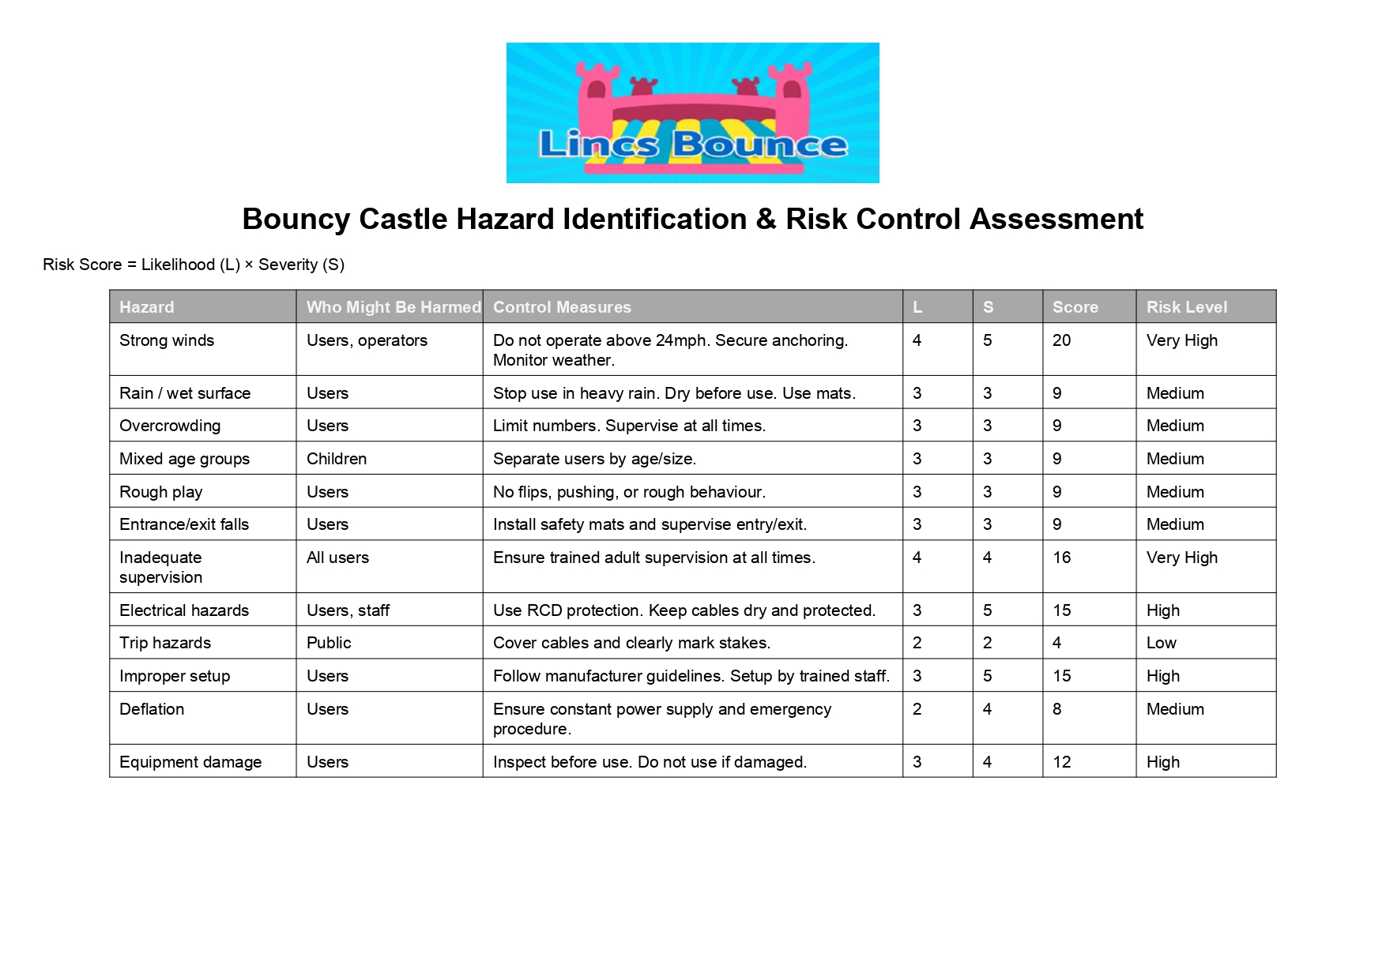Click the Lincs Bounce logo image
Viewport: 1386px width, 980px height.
(x=692, y=113)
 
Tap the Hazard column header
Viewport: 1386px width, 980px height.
(x=147, y=307)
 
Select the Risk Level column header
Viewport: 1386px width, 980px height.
(x=1186, y=307)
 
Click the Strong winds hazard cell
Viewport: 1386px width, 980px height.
(x=167, y=340)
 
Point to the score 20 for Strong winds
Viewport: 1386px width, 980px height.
(x=1061, y=340)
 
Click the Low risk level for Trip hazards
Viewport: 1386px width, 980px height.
(x=1161, y=643)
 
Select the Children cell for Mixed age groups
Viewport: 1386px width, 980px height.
(x=337, y=459)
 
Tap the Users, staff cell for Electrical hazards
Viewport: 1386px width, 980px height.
(x=348, y=610)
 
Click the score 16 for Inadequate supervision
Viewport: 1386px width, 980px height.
(x=1061, y=558)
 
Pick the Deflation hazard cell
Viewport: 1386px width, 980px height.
(x=152, y=709)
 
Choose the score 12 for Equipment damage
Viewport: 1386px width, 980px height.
(x=1061, y=762)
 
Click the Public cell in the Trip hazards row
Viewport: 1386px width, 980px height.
(x=329, y=643)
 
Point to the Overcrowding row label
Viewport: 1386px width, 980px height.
(x=170, y=426)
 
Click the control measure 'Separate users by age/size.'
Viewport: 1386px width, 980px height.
(x=594, y=459)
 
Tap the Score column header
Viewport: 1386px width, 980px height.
(x=1075, y=307)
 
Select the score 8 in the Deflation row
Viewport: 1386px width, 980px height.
(x=1056, y=709)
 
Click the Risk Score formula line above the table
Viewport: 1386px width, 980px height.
(x=194, y=265)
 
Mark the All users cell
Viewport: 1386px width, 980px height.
(x=337, y=558)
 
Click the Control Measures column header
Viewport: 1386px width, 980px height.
(x=562, y=307)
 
